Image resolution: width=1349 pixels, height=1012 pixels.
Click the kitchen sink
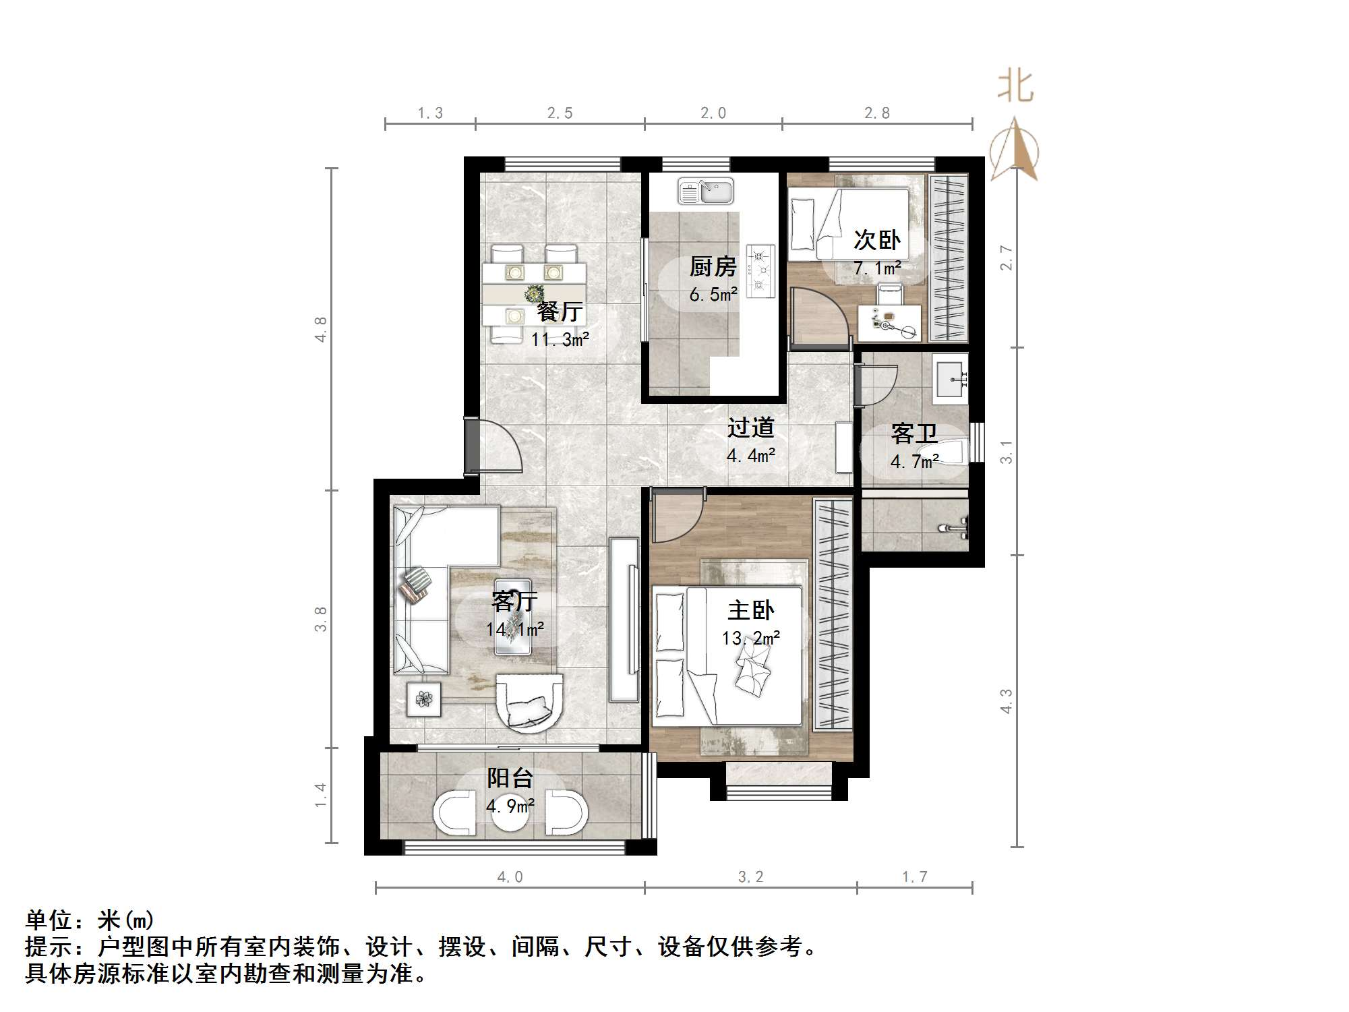[705, 191]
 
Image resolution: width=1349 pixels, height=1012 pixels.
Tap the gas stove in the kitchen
[760, 270]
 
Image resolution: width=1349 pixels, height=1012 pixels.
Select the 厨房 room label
[713, 267]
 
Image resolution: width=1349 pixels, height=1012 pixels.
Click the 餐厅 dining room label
[560, 311]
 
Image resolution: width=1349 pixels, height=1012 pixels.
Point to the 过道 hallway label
[750, 427]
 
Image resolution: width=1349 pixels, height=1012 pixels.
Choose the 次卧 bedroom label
[876, 240]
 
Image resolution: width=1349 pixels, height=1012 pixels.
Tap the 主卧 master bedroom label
[750, 611]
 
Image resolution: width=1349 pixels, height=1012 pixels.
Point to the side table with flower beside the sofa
[424, 699]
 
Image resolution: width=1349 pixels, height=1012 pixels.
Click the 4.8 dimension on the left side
[321, 329]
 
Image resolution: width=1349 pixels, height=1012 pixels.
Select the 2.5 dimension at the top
[560, 113]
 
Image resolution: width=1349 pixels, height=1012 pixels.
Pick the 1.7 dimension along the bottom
[915, 876]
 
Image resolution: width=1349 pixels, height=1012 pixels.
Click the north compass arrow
[1015, 152]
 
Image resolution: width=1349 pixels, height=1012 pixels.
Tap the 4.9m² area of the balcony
[510, 806]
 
